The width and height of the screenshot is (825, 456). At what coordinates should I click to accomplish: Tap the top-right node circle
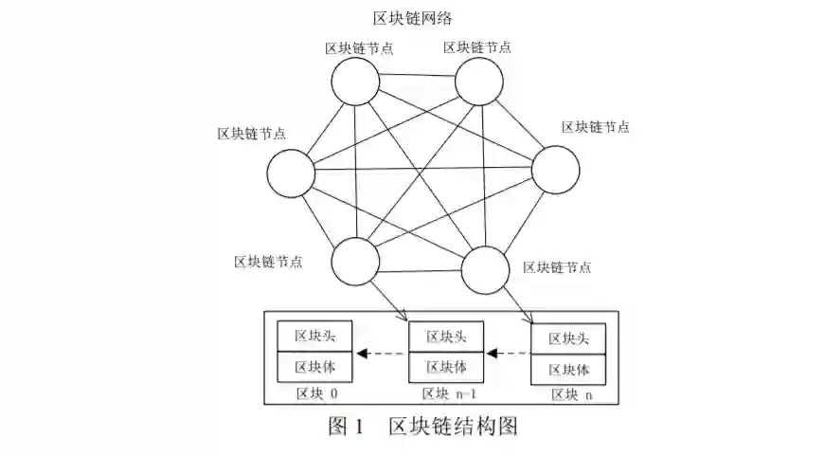pos(479,81)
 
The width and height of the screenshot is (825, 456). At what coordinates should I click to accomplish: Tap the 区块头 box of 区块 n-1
pos(445,337)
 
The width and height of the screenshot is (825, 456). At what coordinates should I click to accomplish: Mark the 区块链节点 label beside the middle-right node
pos(595,127)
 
